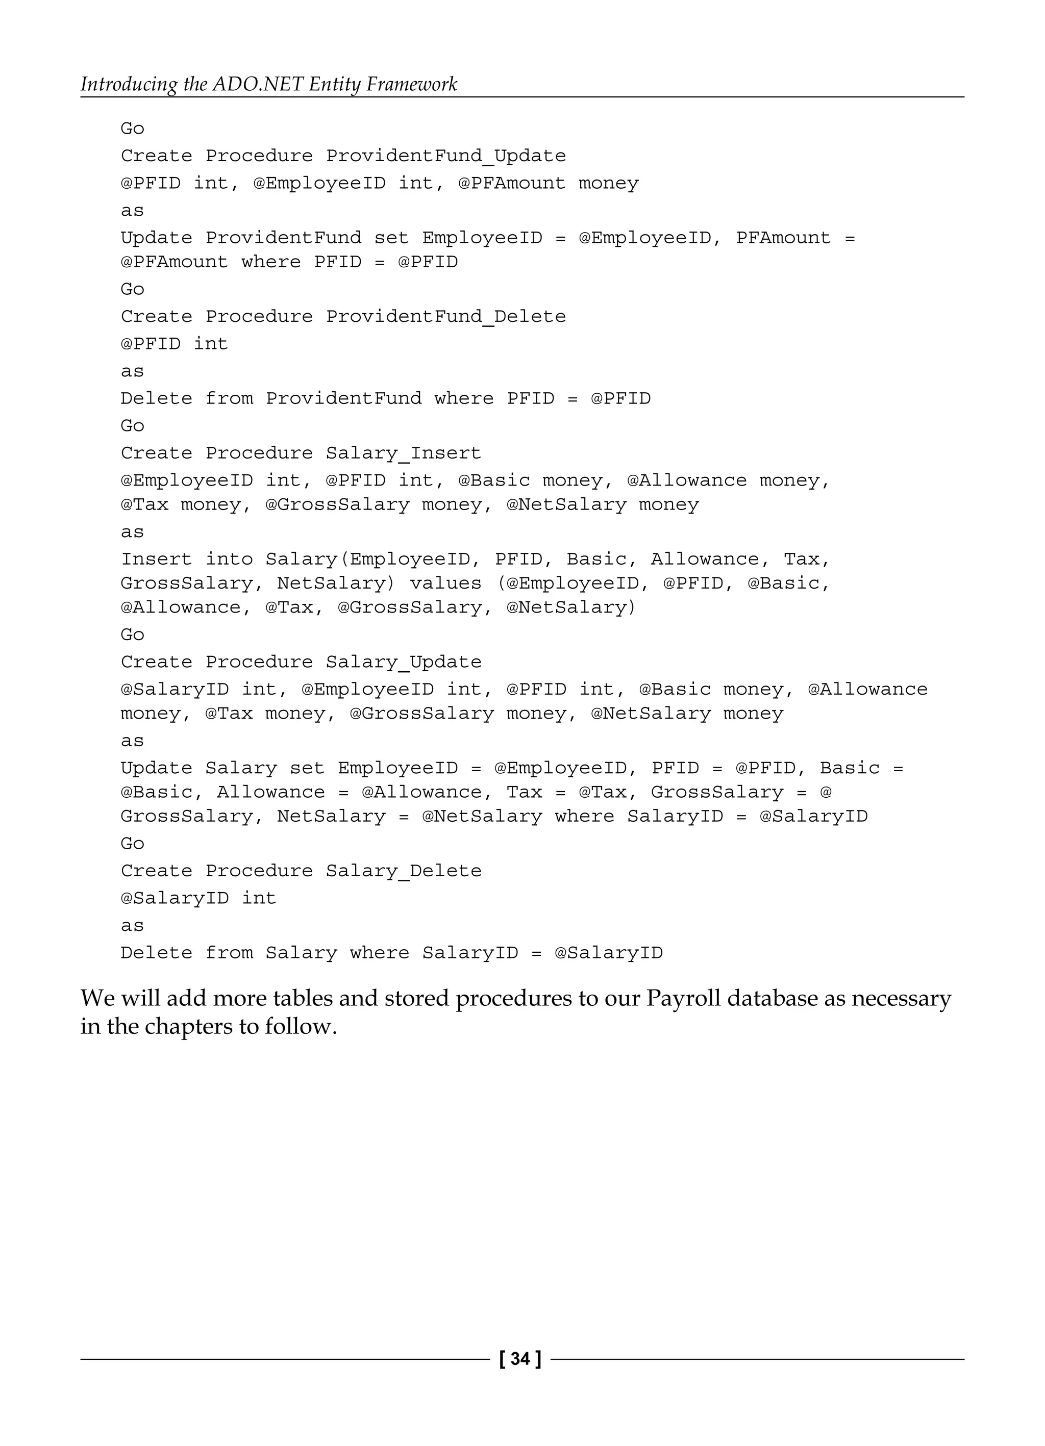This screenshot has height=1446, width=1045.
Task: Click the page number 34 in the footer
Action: (x=520, y=1359)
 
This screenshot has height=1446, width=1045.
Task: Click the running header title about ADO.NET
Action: (x=268, y=84)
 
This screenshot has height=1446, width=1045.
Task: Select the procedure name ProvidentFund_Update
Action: (x=446, y=156)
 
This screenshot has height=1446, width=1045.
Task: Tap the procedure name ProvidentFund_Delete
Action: (x=446, y=317)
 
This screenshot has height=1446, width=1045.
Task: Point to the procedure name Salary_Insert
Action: (x=403, y=453)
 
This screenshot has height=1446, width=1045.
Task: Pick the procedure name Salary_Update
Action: (x=403, y=663)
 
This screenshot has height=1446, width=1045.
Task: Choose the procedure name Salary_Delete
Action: (x=403, y=872)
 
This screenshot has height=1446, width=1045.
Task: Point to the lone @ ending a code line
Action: (x=826, y=793)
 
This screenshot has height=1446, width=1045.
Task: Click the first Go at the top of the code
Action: (x=133, y=129)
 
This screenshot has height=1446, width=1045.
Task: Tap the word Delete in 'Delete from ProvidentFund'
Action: (x=156, y=399)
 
